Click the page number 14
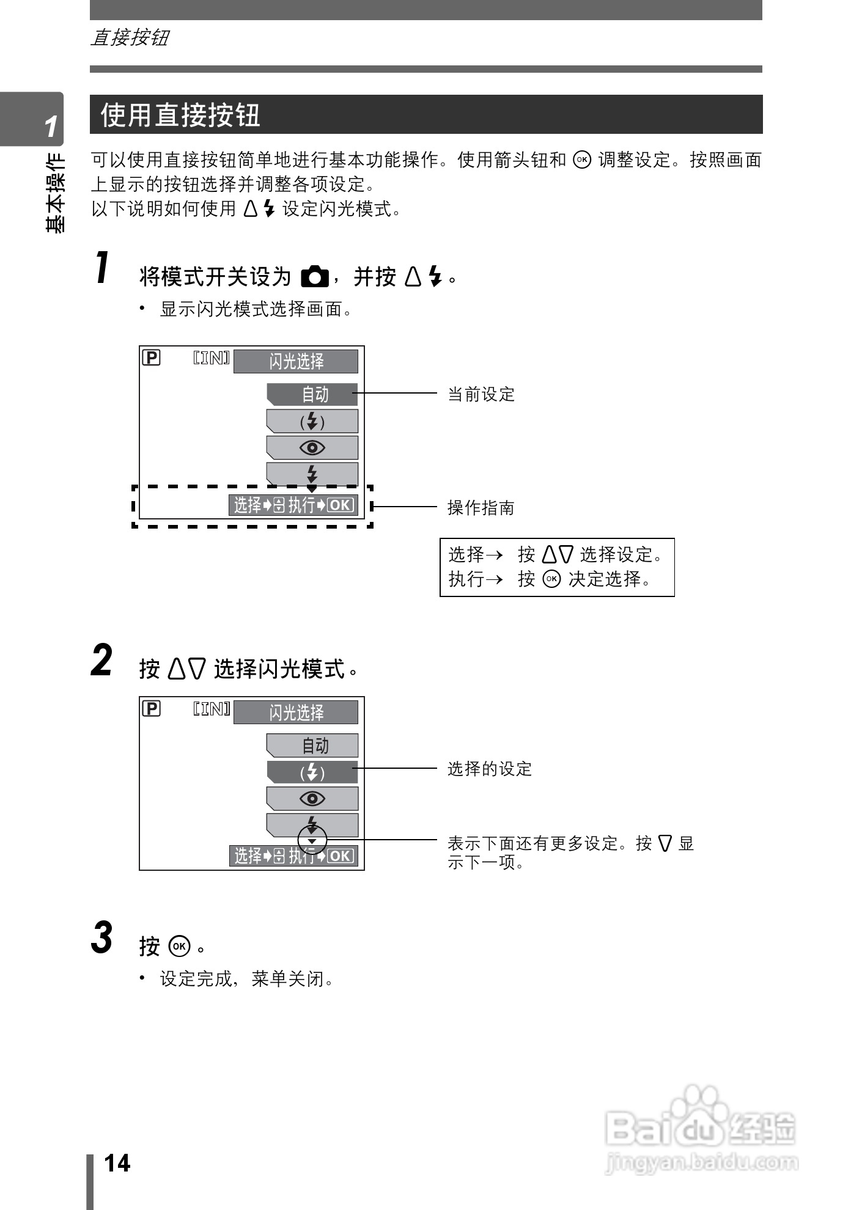tap(117, 1163)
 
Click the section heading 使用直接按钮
tap(180, 115)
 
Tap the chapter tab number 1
tap(51, 127)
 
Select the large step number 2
tap(102, 661)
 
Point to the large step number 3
tap(102, 937)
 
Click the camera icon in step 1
tap(315, 277)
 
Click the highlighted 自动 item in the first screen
tap(312, 394)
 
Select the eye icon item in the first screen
tap(312, 448)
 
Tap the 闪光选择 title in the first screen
tap(296, 361)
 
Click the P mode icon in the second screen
tap(151, 708)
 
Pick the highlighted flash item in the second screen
tap(312, 772)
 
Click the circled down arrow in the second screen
tap(312, 841)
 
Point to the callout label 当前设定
tap(481, 394)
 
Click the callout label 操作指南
tap(481, 507)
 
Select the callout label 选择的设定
tap(490, 768)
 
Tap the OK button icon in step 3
tap(180, 946)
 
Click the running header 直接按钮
tap(130, 38)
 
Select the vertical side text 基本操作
tap(56, 193)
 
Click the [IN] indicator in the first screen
tap(212, 358)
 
